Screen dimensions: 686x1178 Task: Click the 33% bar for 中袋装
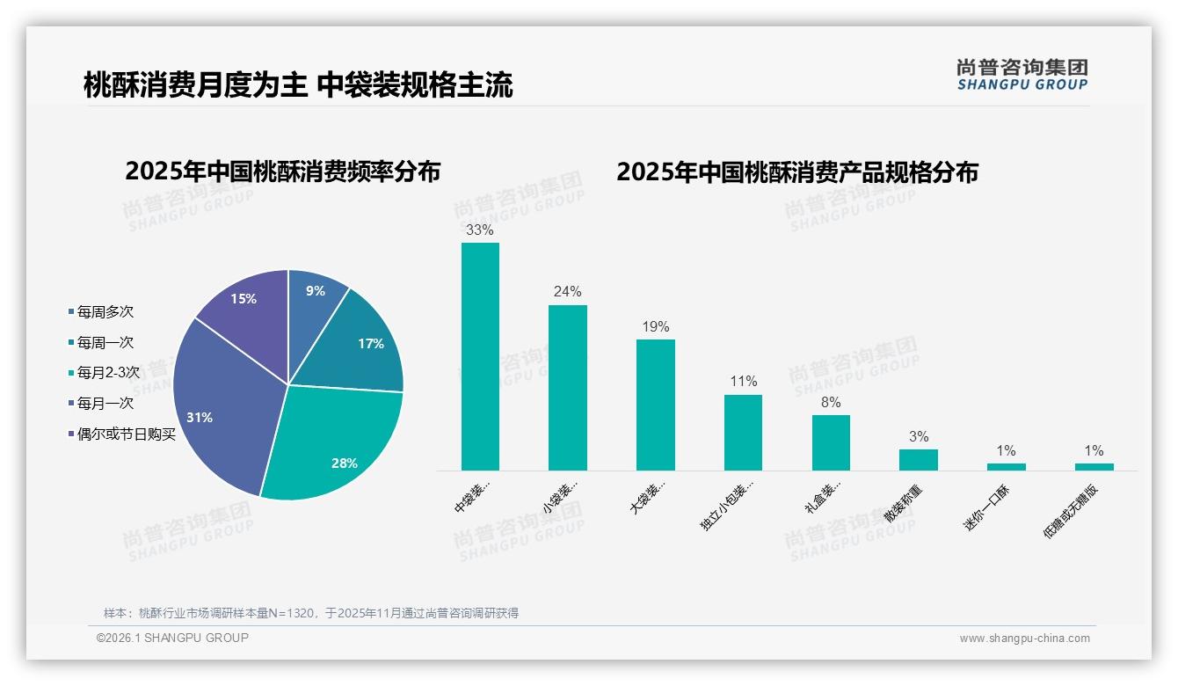click(x=480, y=356)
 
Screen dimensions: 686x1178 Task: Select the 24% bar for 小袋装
click(x=567, y=388)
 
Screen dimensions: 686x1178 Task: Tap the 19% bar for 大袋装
click(x=655, y=405)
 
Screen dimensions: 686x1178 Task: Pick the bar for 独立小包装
click(x=743, y=432)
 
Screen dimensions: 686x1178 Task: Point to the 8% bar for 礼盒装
click(x=831, y=442)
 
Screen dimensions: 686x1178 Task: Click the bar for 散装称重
click(x=918, y=460)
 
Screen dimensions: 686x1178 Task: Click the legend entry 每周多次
click(x=105, y=312)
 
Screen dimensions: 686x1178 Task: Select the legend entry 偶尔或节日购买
click(x=126, y=434)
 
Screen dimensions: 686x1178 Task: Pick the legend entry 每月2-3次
click(x=107, y=373)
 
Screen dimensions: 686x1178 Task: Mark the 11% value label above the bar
click(x=743, y=382)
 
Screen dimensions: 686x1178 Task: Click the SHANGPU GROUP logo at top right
click(x=1022, y=75)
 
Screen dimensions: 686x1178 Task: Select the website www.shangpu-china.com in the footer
click(x=1024, y=639)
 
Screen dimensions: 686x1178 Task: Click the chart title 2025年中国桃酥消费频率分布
click(x=282, y=171)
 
